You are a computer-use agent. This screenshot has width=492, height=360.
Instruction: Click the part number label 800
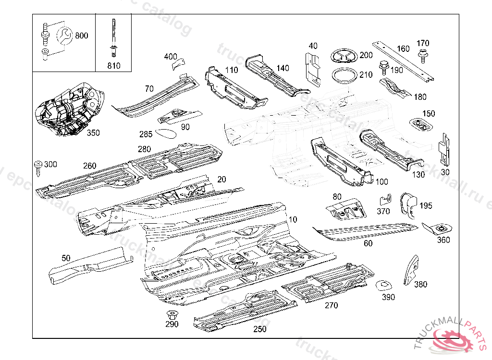[x=82, y=36]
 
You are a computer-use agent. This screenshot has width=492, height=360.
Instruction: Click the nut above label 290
[x=171, y=315]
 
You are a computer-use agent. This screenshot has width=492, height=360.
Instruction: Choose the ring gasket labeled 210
[x=344, y=76]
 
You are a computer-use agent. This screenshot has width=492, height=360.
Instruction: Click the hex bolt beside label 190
[x=384, y=66]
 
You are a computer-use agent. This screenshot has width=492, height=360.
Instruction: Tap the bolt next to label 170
[x=423, y=55]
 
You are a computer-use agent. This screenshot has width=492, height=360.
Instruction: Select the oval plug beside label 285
[x=166, y=132]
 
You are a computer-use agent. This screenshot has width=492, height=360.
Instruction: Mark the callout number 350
[x=93, y=133]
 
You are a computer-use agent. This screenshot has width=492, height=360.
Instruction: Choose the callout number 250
[x=259, y=329]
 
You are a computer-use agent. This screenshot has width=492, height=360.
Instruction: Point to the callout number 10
[x=292, y=219]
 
